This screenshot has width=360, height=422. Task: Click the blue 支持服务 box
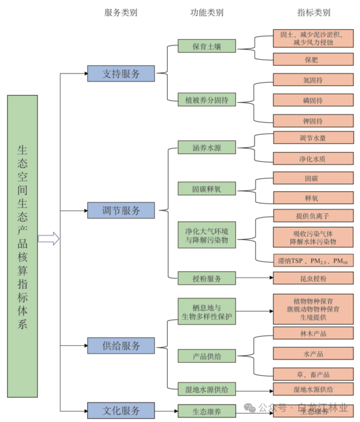coord(121,73)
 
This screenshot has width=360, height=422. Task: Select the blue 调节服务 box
coord(121,210)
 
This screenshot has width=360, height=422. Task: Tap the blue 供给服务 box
coord(121,346)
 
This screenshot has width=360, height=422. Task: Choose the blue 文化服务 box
coord(121,411)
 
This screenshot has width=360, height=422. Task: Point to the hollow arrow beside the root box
coord(49,239)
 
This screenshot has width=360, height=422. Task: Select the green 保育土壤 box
coord(207,46)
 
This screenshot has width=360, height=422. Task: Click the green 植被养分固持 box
coord(207,100)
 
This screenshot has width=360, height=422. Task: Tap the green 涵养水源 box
coord(207,148)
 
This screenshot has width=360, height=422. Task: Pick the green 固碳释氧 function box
coord(207,189)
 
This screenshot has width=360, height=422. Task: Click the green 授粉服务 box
coord(207,278)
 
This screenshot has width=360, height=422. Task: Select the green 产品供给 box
coord(207,356)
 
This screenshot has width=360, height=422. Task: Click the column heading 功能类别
coord(207,12)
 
